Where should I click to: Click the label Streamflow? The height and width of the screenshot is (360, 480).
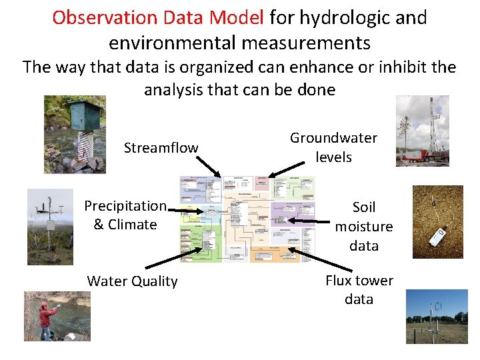point(161,148)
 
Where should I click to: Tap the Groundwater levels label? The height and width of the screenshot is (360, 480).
point(333,147)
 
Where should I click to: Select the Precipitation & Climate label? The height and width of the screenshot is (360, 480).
point(125,215)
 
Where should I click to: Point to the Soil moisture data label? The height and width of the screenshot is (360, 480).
point(364,227)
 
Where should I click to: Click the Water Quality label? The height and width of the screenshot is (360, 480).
point(132,281)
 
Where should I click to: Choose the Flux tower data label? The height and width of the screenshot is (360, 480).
point(359,289)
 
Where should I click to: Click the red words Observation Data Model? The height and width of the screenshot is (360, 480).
point(158,18)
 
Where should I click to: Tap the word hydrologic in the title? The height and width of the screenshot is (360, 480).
point(345,18)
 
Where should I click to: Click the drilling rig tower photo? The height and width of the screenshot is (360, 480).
point(423,131)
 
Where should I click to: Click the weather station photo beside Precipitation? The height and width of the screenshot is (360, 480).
point(50,227)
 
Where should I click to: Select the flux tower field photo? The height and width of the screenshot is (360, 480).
point(437,316)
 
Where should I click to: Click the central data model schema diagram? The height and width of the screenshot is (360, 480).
point(247,219)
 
